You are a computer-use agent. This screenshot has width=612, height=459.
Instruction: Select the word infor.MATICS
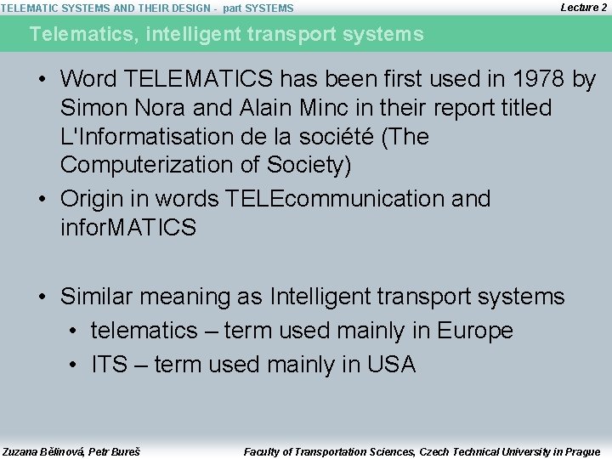click(128, 228)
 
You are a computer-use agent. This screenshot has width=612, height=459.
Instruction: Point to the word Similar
click(96, 297)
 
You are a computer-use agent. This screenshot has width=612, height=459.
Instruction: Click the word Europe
click(474, 331)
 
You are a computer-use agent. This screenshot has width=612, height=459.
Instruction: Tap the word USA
click(391, 365)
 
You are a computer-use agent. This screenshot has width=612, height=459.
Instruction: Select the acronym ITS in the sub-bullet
click(109, 365)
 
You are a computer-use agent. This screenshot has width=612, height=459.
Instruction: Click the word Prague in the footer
click(581, 451)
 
